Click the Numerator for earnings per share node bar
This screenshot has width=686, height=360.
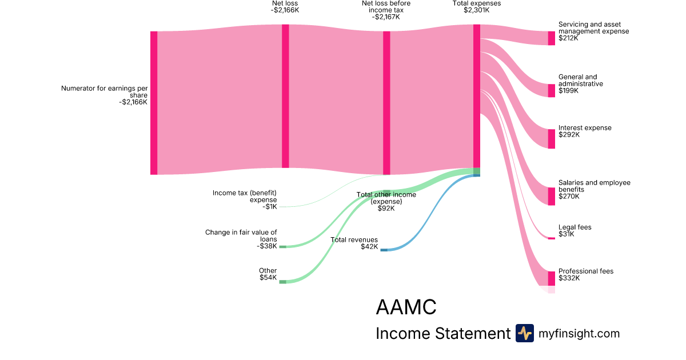[154, 103]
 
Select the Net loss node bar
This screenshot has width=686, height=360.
[285, 96]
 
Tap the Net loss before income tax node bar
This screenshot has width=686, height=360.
[386, 103]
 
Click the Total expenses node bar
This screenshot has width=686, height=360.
[476, 95]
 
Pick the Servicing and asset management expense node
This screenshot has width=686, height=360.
[551, 38]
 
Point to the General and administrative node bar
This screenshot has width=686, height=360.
[551, 90]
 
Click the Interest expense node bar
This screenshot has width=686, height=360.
[551, 139]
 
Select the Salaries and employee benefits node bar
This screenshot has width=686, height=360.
[551, 196]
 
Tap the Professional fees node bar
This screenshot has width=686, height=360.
[551, 278]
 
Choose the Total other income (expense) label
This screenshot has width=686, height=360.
[386, 201]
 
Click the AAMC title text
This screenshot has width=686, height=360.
[406, 307]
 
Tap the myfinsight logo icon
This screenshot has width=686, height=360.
[524, 333]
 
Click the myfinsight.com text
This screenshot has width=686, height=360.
[579, 333]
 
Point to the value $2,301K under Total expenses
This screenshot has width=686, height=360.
[476, 10]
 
